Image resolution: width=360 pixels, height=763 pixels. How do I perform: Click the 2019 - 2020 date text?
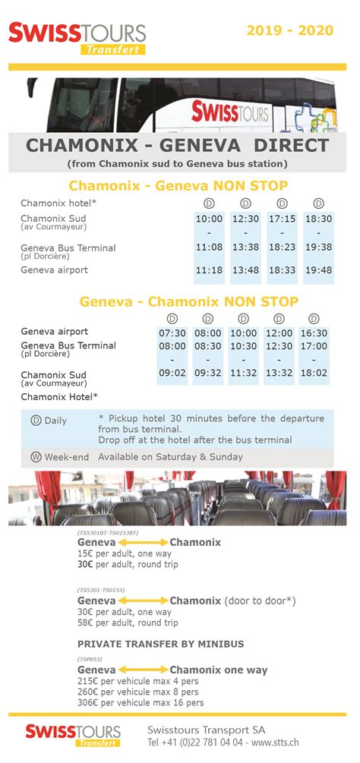coord(289,30)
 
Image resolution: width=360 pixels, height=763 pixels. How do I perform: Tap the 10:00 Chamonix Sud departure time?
coord(209,219)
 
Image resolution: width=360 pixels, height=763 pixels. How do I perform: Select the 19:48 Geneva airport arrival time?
coord(318,270)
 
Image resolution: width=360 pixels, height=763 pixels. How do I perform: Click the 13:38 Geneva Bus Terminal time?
coord(245,248)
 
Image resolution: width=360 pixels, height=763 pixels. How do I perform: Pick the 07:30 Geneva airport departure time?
coord(172,333)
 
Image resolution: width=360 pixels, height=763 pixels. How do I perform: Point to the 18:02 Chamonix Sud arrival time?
coord(314,373)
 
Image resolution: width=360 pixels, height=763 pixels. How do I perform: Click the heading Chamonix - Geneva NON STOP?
coord(178,185)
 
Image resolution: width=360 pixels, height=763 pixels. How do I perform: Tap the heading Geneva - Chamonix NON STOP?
coord(178,301)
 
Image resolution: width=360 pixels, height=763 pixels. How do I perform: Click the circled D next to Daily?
coord(36,420)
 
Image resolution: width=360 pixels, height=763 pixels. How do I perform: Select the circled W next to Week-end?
coord(36,457)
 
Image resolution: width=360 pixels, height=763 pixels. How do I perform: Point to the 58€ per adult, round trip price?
coord(128,623)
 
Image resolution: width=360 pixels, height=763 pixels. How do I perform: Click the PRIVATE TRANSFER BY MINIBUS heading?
coord(161,644)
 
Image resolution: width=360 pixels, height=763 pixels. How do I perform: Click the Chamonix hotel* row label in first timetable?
coord(58,203)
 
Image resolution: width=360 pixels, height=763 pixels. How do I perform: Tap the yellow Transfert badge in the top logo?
coord(112,49)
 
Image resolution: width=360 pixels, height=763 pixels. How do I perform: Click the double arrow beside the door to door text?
coord(142,601)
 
